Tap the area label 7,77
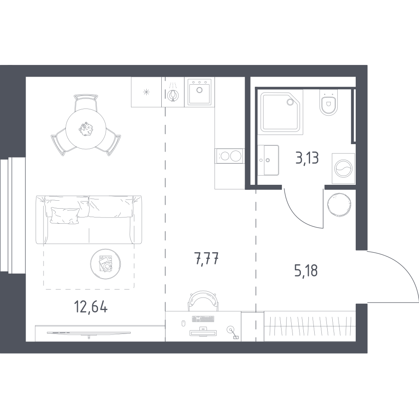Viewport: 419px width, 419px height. coord(207,259)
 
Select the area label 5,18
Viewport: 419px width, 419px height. coord(306,270)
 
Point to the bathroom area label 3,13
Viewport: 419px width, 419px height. coord(307,158)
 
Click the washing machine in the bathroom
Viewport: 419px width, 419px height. coord(344,168)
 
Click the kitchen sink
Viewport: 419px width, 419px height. coord(199,92)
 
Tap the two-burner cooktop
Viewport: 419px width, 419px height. coord(230,156)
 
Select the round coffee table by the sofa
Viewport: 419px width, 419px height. coord(105,264)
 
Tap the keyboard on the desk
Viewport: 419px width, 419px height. coord(203,319)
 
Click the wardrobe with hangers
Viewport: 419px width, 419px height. coord(310,326)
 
